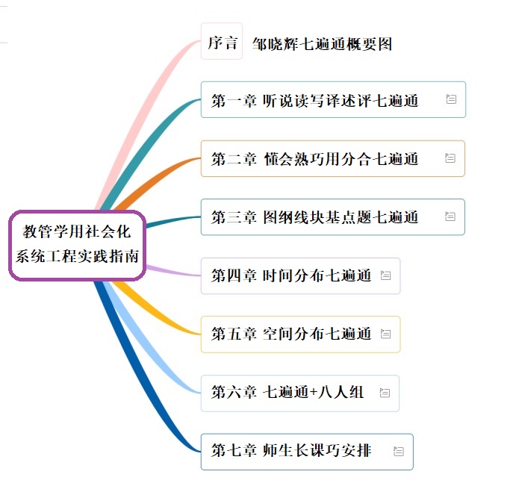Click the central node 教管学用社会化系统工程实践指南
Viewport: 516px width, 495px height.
coord(77,245)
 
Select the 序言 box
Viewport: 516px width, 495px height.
coord(222,43)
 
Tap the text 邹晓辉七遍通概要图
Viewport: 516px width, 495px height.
coord(322,44)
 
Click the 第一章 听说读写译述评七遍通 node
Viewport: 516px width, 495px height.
coord(314,100)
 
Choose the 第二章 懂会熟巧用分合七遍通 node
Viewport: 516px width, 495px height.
coord(314,158)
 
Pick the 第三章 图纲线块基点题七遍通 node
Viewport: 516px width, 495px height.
coord(314,217)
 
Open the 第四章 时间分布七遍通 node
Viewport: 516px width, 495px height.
coord(291,275)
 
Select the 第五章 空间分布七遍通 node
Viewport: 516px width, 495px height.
coord(291,334)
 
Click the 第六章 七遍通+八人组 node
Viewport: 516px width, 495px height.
coord(287,392)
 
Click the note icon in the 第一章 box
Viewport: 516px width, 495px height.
coord(450,99)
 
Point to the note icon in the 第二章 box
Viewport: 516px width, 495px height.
coord(450,158)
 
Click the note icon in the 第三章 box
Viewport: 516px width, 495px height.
coord(450,217)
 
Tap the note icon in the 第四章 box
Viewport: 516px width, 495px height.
coord(385,275)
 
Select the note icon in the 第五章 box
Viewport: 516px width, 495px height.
coord(385,334)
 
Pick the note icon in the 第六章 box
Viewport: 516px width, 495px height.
coord(385,392)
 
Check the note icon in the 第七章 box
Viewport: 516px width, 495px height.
coord(399,451)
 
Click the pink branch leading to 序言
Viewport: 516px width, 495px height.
coord(142,112)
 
